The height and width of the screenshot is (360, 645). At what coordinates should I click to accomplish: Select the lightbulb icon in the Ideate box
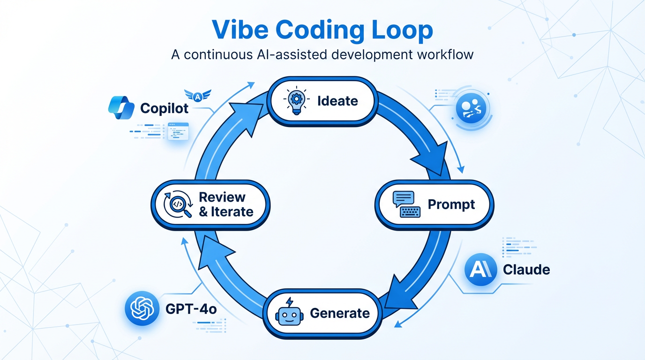[296, 101]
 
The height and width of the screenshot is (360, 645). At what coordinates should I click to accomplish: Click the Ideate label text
[337, 101]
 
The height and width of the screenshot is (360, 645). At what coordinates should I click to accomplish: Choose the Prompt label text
[451, 205]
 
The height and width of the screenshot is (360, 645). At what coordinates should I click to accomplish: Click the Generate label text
[340, 313]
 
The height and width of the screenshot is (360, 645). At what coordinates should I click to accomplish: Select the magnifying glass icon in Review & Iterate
[177, 205]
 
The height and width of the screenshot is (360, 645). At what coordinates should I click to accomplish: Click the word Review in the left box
[222, 197]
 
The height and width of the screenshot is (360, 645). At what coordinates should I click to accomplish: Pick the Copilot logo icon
[121, 108]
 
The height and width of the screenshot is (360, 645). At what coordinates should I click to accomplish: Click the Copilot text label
[165, 109]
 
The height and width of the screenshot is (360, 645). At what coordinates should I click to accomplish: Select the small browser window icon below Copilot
[178, 131]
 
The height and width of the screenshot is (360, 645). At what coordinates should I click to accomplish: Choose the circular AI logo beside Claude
[480, 270]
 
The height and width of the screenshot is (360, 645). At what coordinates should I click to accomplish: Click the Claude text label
[526, 270]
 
